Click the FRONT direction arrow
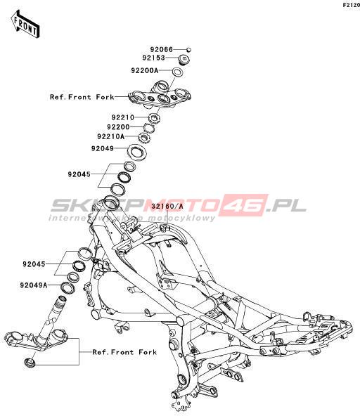tap(25, 24)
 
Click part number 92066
tap(162, 50)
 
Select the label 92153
tap(153, 58)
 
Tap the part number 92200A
tap(144, 70)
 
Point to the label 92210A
tap(110, 136)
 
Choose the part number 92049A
tap(34, 285)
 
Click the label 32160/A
tap(167, 206)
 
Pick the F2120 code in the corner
tap(351, 5)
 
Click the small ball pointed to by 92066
tap(188, 50)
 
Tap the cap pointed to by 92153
tap(184, 59)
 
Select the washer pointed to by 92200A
tap(178, 72)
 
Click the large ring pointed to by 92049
tap(137, 152)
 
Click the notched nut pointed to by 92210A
tap(144, 138)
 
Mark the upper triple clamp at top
tap(160, 95)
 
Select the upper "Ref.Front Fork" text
tap(82, 97)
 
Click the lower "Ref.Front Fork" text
tap(124, 352)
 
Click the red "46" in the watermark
tap(243, 205)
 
